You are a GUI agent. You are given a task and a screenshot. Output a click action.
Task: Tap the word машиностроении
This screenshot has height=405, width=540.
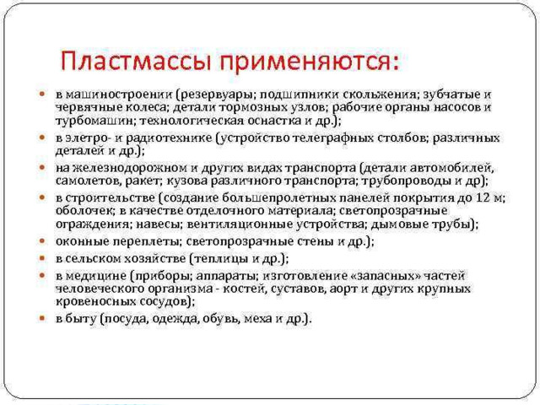(x=118, y=94)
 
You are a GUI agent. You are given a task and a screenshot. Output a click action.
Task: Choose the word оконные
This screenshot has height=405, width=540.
(x=81, y=241)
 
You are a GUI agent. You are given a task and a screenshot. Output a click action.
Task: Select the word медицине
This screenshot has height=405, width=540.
(x=95, y=276)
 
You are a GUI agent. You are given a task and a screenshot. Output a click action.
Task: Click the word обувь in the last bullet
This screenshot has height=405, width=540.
(x=220, y=319)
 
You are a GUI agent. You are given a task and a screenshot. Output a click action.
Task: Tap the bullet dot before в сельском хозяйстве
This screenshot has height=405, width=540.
(x=42, y=257)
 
